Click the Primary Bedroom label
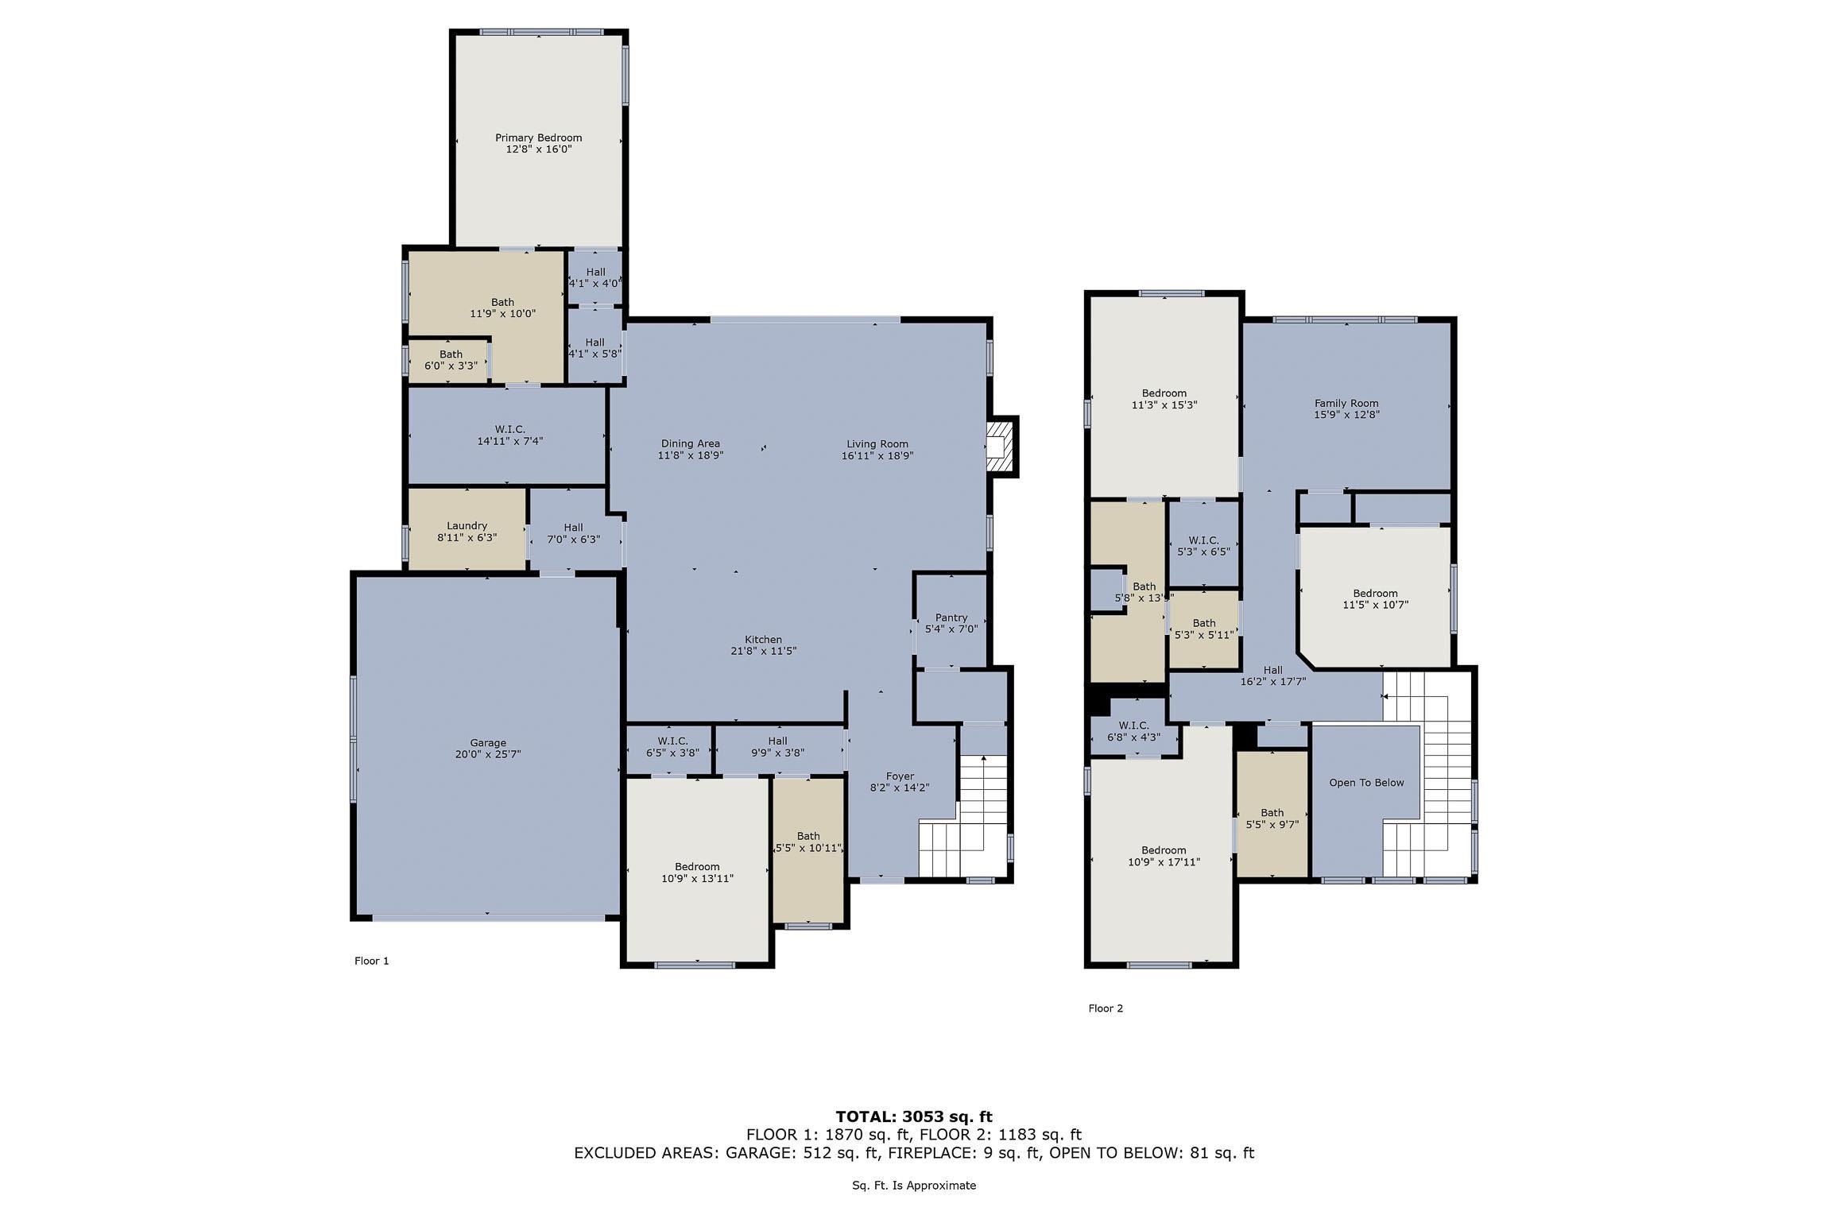(539, 137)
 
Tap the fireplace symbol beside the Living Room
(1001, 447)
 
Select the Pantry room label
(951, 617)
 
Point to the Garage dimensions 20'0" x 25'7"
(488, 754)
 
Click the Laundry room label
(467, 525)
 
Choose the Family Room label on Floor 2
(1346, 403)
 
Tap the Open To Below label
(1366, 783)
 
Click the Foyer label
(900, 776)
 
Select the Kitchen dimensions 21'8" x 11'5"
(764, 651)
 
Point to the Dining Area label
(691, 443)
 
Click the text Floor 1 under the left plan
(372, 961)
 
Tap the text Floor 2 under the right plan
(1106, 1008)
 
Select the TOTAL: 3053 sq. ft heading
(914, 1116)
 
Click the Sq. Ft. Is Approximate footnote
(914, 1185)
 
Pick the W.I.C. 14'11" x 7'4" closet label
(509, 435)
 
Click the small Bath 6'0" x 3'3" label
(451, 360)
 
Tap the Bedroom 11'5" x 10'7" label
(1375, 598)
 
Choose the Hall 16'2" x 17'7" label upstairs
(1272, 675)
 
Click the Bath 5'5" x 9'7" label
(1272, 818)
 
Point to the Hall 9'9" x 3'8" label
(777, 746)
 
